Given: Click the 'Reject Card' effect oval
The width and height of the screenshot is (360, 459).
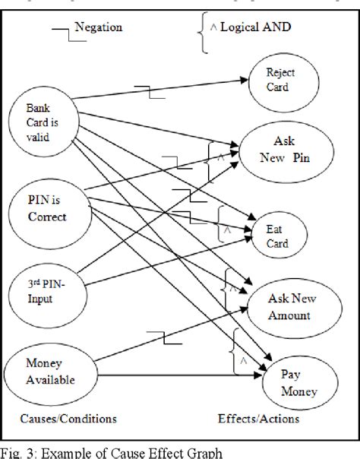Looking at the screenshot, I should (279, 80).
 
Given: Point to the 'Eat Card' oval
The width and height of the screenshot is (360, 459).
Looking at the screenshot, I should (276, 231).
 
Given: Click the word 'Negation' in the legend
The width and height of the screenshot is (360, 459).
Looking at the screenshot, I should (99, 28).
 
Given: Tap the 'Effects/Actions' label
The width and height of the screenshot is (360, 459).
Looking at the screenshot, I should (257, 417).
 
